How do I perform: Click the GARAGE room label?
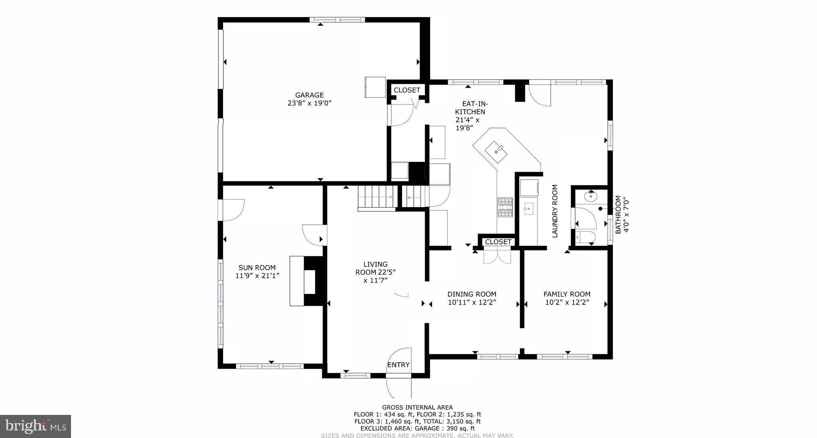tap(309, 95)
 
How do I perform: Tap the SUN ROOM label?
tap(257, 268)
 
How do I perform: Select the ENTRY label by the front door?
tap(398, 365)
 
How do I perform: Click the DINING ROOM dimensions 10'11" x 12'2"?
tap(472, 302)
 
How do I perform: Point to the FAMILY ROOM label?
tap(566, 294)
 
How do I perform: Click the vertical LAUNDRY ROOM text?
tap(555, 211)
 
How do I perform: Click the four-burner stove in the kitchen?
tap(505, 207)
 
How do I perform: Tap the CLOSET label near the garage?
tap(407, 90)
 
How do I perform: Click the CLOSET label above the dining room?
tap(498, 242)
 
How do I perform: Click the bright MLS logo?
tap(36, 426)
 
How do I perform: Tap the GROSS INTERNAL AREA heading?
tap(417, 407)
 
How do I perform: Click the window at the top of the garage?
tap(337, 20)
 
